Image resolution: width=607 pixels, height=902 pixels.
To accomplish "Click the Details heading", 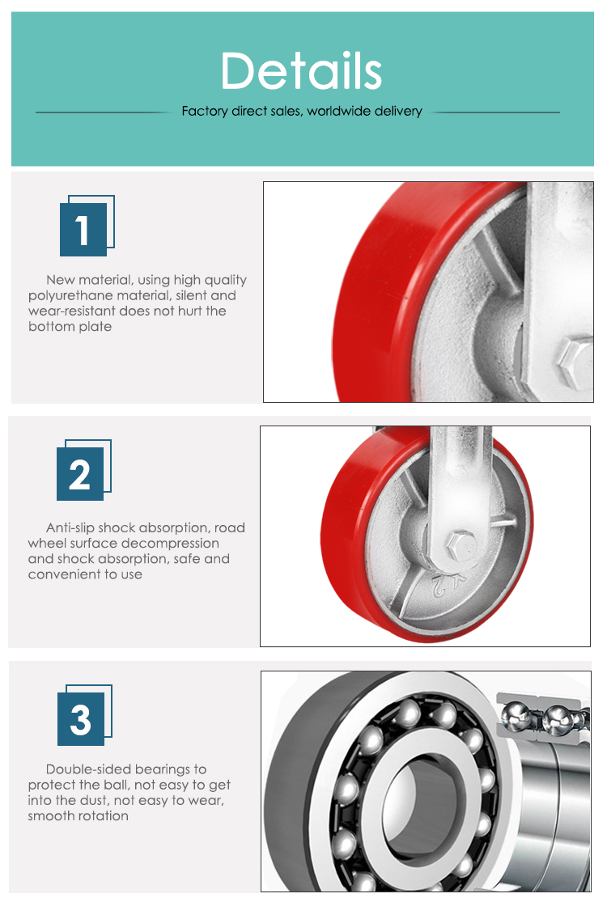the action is [302, 70].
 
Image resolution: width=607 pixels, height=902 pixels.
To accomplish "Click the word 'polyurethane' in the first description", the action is [70, 296].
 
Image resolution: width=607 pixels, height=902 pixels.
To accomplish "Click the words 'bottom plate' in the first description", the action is [70, 326].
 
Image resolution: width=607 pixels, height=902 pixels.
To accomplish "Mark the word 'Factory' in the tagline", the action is [205, 112].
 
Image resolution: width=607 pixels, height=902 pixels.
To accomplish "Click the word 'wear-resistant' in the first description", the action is [71, 311].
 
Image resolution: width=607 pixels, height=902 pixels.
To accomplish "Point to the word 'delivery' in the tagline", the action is [398, 112].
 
